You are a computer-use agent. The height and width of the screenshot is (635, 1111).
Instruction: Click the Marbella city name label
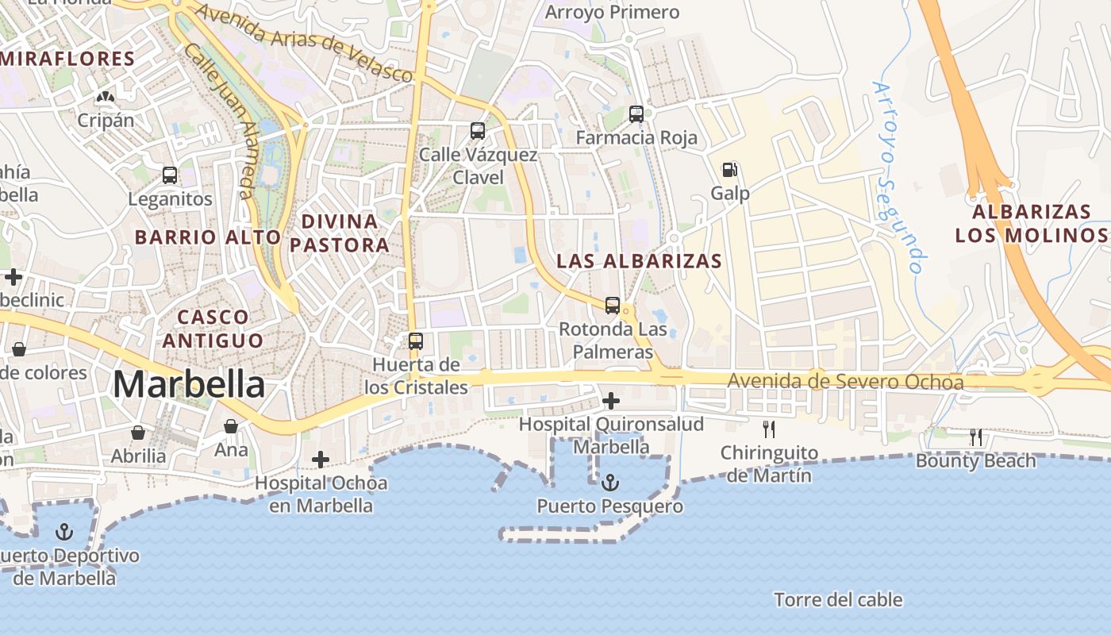point(189,385)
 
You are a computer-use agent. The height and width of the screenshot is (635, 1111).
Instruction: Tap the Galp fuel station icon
point(729,169)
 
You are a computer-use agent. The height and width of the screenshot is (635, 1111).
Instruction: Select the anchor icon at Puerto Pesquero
point(609,482)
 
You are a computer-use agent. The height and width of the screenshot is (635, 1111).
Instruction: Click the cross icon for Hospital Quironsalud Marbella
point(611,400)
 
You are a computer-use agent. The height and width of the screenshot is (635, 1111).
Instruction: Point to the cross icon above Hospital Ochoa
point(321,459)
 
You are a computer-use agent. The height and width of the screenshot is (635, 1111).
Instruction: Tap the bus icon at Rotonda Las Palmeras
point(612,305)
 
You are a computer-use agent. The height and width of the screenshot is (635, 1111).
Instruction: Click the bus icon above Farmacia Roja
point(636,114)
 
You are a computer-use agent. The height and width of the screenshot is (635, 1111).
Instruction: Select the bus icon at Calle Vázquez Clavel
point(477,131)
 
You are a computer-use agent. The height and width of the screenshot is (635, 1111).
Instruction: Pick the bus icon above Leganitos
point(170,175)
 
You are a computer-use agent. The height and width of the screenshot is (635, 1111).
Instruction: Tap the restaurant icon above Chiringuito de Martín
point(767,429)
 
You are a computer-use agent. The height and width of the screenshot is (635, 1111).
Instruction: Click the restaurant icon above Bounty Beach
point(976,437)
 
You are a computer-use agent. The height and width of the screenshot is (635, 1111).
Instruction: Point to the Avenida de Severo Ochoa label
point(846,383)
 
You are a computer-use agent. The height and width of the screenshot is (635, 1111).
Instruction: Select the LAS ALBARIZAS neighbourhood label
point(639,261)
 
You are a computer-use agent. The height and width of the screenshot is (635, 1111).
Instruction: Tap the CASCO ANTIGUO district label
point(212,329)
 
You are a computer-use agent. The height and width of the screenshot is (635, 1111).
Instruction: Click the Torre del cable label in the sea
point(838,599)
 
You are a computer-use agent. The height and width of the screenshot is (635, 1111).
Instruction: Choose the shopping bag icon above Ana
point(231,427)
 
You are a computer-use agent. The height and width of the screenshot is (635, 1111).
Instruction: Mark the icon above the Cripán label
point(105,97)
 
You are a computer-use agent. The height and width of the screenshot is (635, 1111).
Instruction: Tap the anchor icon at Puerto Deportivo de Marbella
point(64,531)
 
